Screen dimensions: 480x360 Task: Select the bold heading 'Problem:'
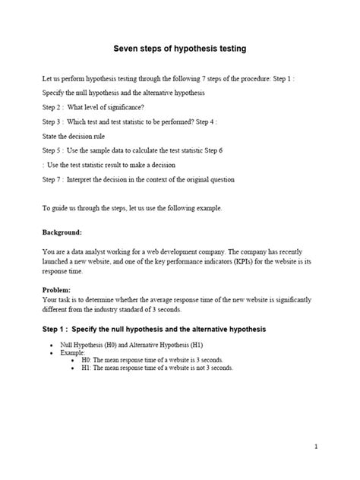point(58,290)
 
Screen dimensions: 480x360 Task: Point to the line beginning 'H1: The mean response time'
point(156,367)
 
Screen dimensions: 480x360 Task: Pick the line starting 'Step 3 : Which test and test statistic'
point(130,122)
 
